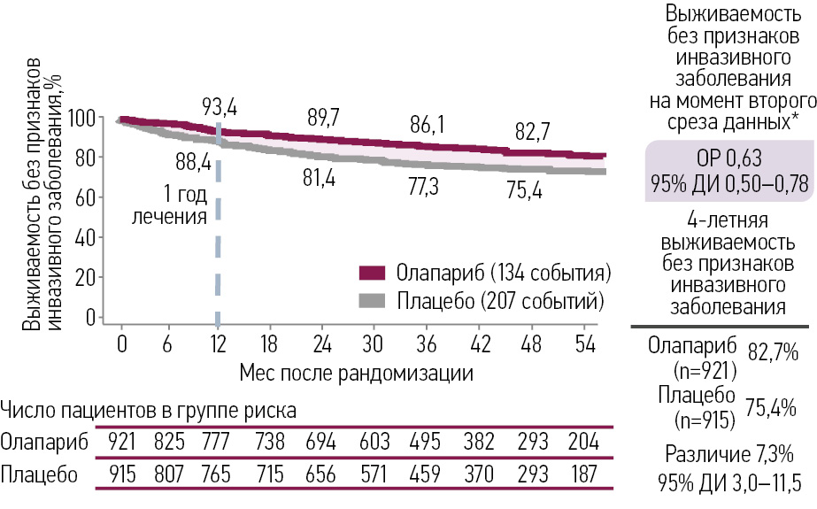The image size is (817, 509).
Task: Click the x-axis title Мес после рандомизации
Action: coord(356,372)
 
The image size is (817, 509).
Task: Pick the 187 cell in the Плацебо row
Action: coord(582,474)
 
